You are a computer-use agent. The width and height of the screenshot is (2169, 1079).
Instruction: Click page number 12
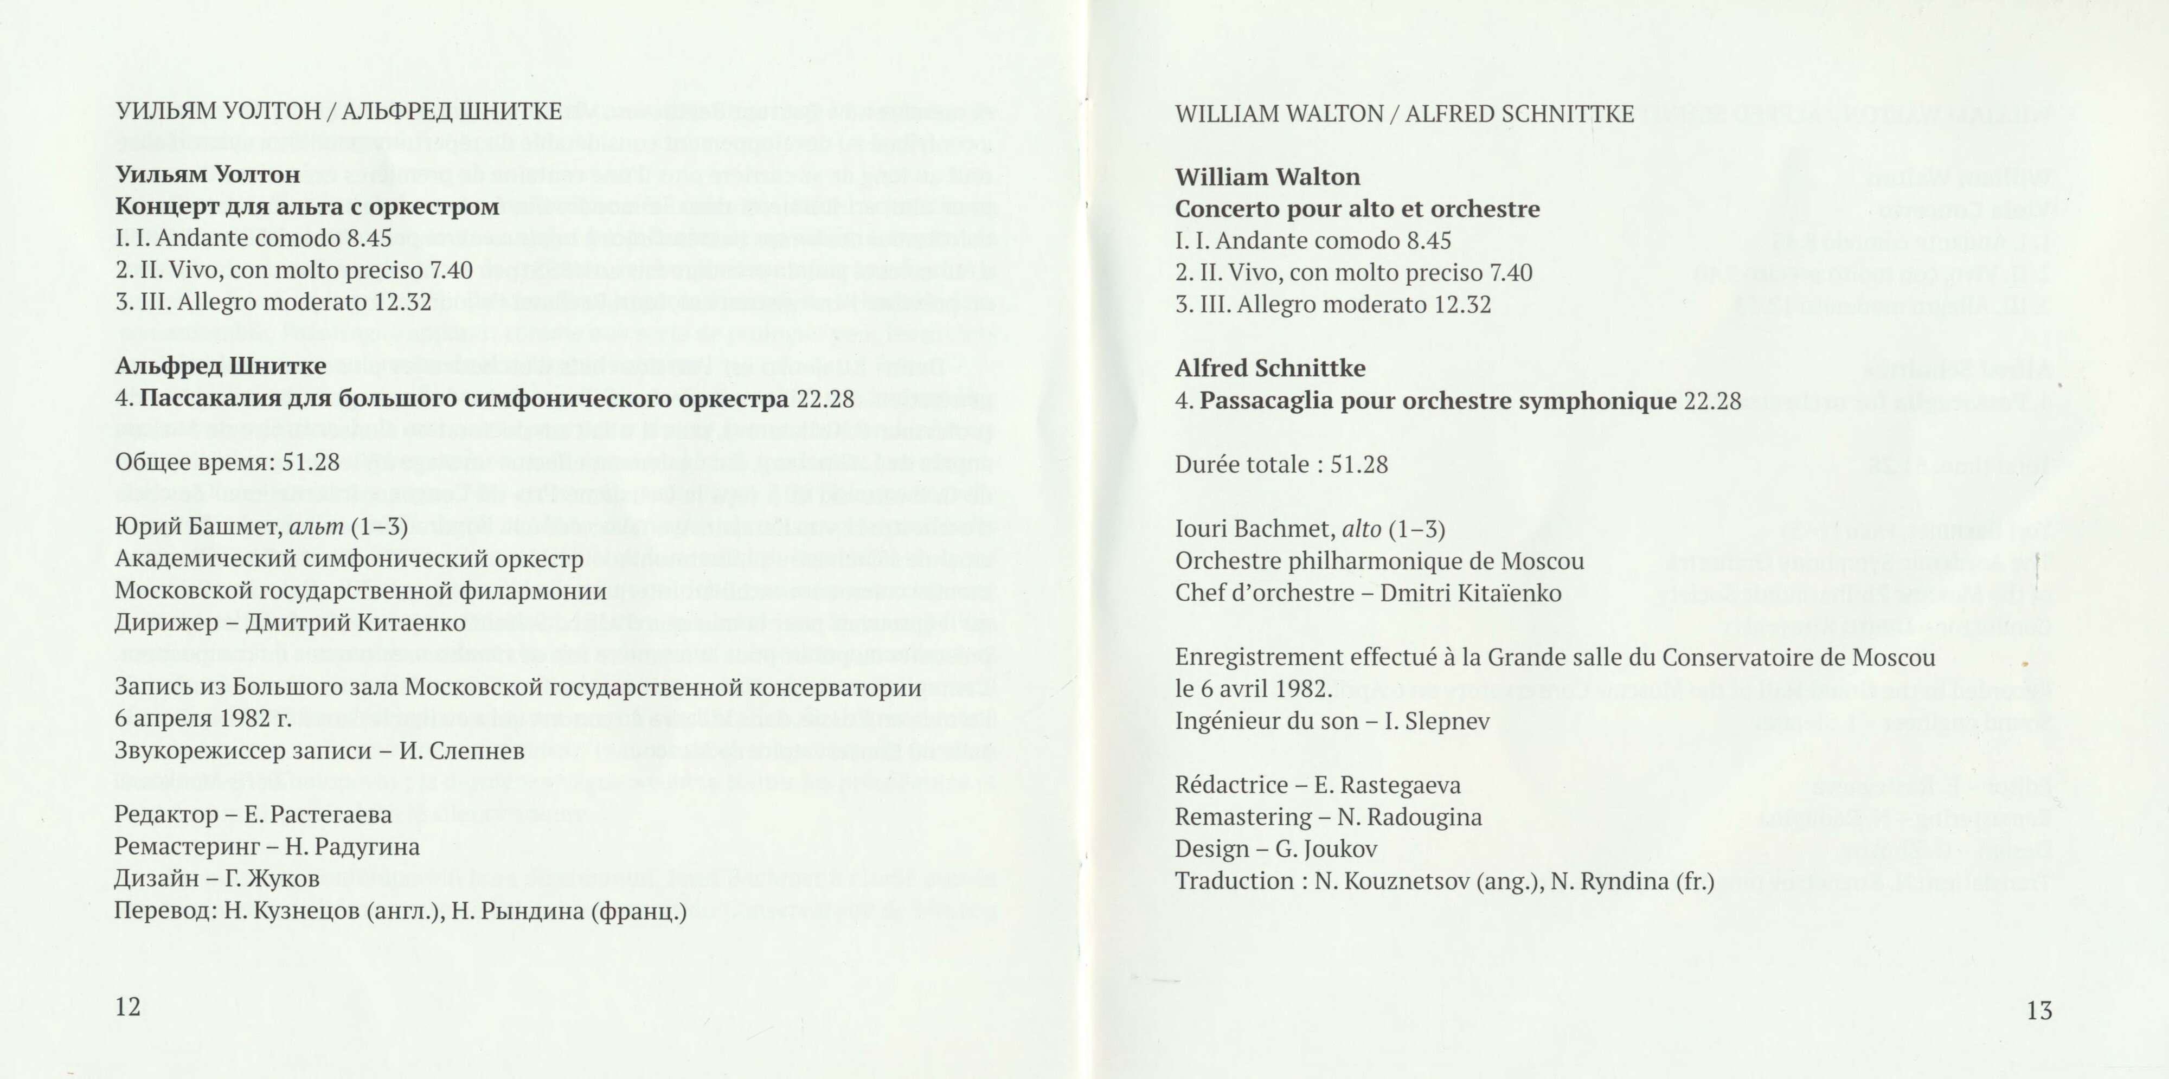128,1007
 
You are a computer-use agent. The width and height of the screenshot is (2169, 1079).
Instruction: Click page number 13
2039,1010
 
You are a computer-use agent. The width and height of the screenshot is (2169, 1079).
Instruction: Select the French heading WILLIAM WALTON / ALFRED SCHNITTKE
1404,114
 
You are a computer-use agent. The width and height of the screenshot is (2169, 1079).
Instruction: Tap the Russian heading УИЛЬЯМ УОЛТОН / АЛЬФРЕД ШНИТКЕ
338,111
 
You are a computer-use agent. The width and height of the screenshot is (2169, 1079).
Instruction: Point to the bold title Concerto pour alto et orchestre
1357,209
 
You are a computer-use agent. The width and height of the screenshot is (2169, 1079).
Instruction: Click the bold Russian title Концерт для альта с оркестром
307,206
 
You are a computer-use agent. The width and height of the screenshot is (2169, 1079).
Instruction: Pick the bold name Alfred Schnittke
1270,368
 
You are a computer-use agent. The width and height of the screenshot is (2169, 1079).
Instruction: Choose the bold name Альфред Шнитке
221,366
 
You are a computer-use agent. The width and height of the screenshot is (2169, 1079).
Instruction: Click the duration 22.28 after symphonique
1712,401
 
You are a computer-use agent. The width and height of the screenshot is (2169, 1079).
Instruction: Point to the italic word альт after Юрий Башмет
317,528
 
